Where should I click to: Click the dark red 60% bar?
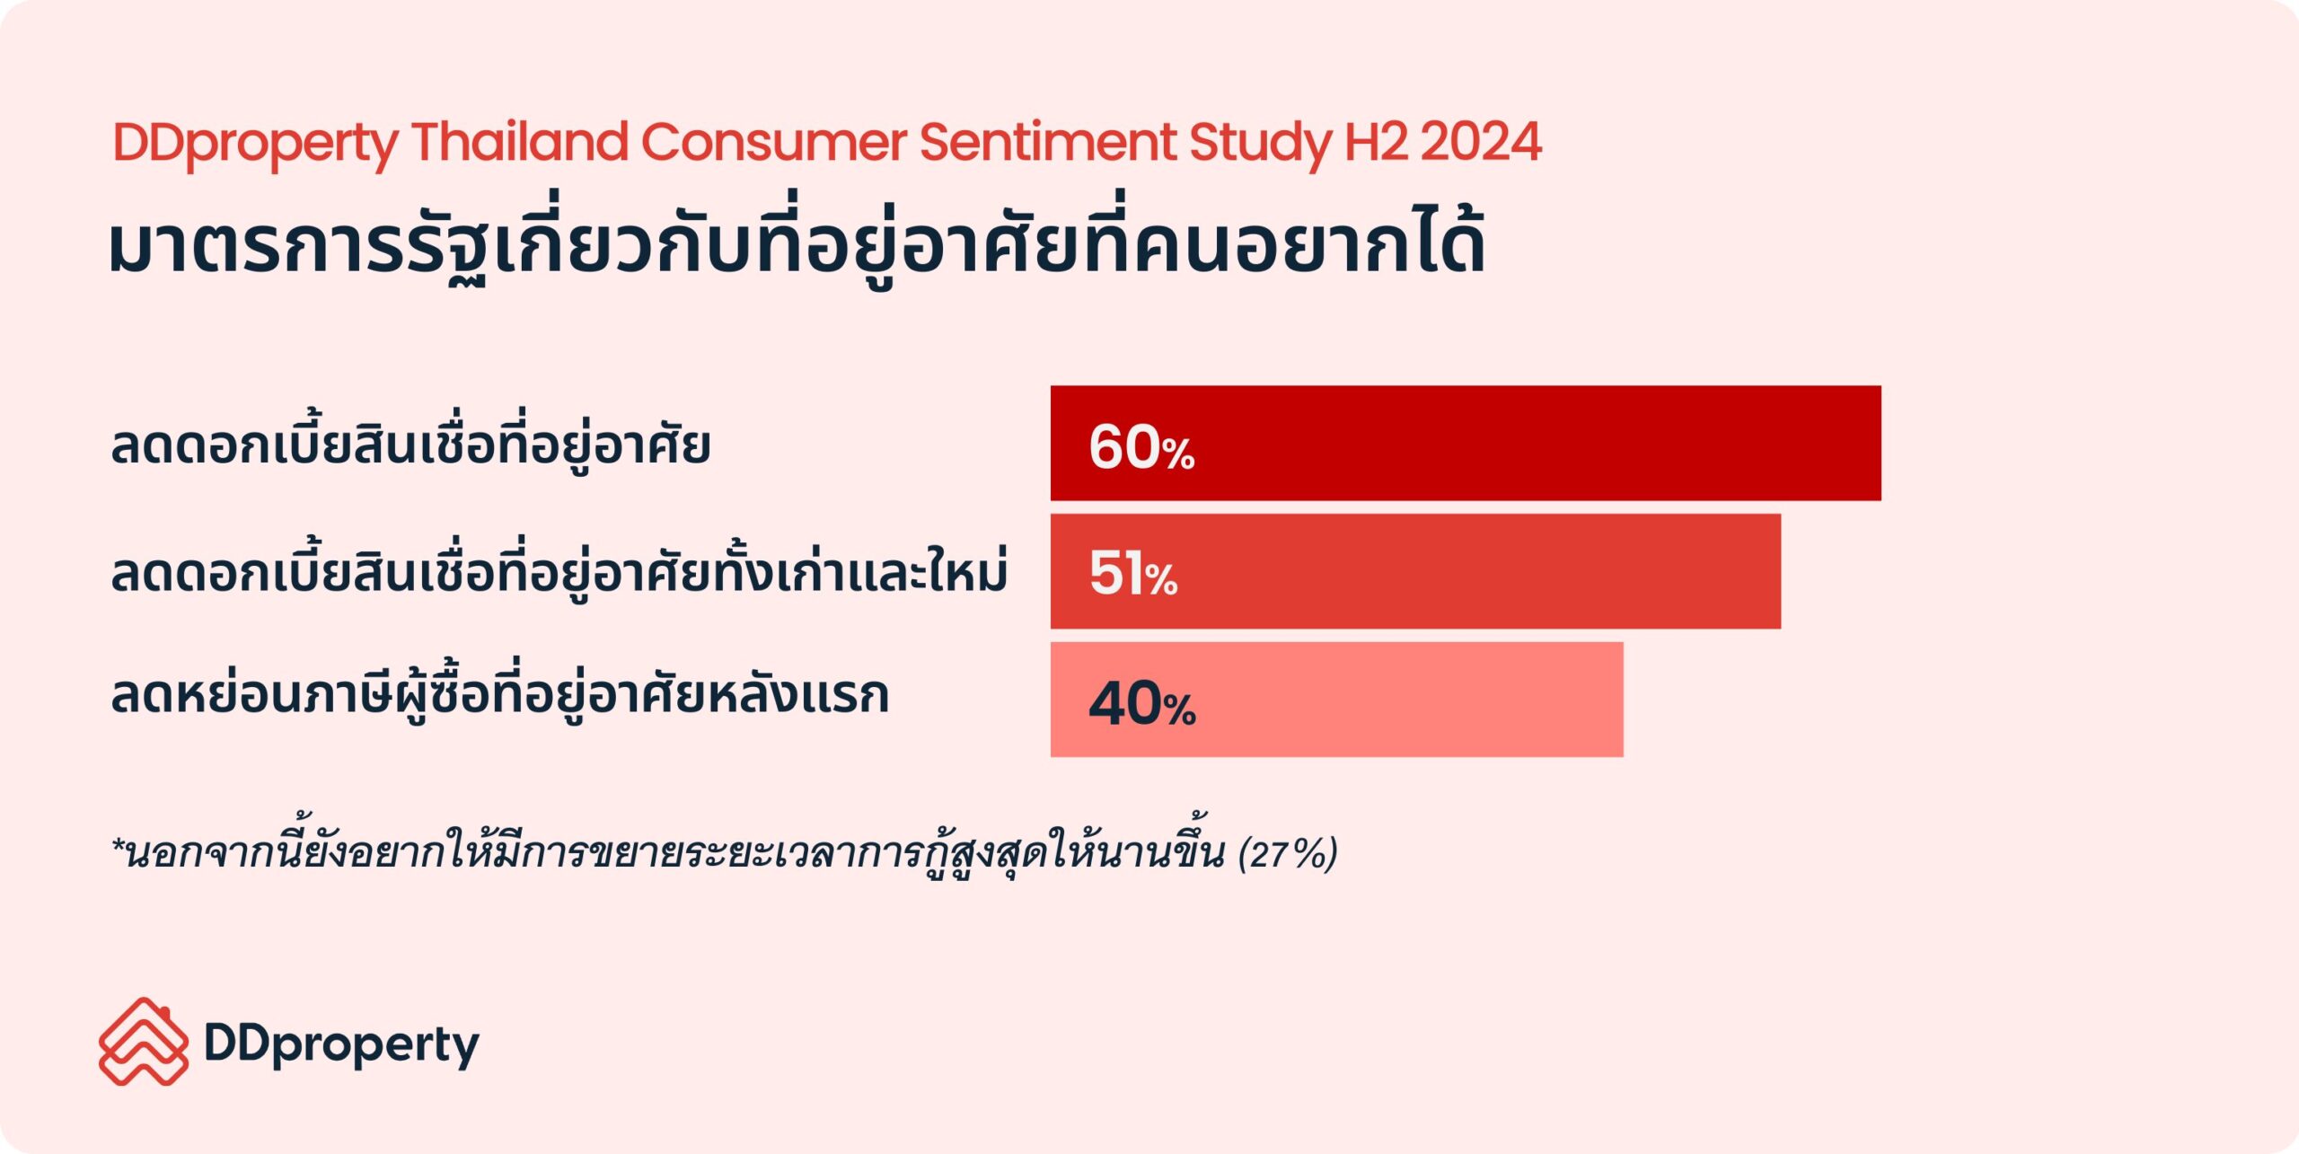tap(1527, 443)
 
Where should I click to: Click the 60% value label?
tap(1141, 447)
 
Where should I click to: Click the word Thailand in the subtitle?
tap(519, 142)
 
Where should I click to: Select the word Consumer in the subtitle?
tap(773, 142)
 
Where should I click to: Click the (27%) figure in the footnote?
tap(1288, 854)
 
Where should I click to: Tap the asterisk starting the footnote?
tap(118, 846)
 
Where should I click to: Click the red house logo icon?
tap(144, 1042)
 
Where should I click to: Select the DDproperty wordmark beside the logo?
tap(342, 1045)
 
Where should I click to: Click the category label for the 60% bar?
tap(410, 446)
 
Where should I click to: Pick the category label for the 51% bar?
tap(559, 573)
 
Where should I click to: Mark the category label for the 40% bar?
tap(499, 697)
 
